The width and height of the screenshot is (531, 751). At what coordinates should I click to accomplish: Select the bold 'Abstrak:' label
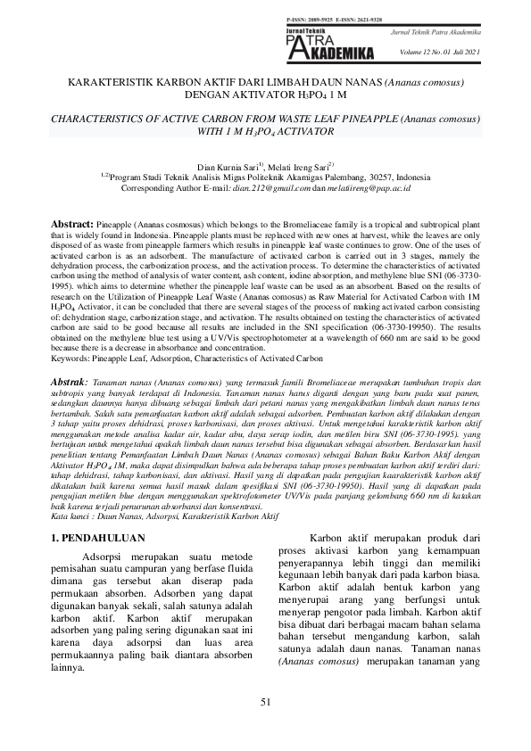71,382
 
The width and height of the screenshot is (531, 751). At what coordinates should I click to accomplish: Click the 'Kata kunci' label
70,516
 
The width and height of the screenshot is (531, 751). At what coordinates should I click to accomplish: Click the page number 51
265,703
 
